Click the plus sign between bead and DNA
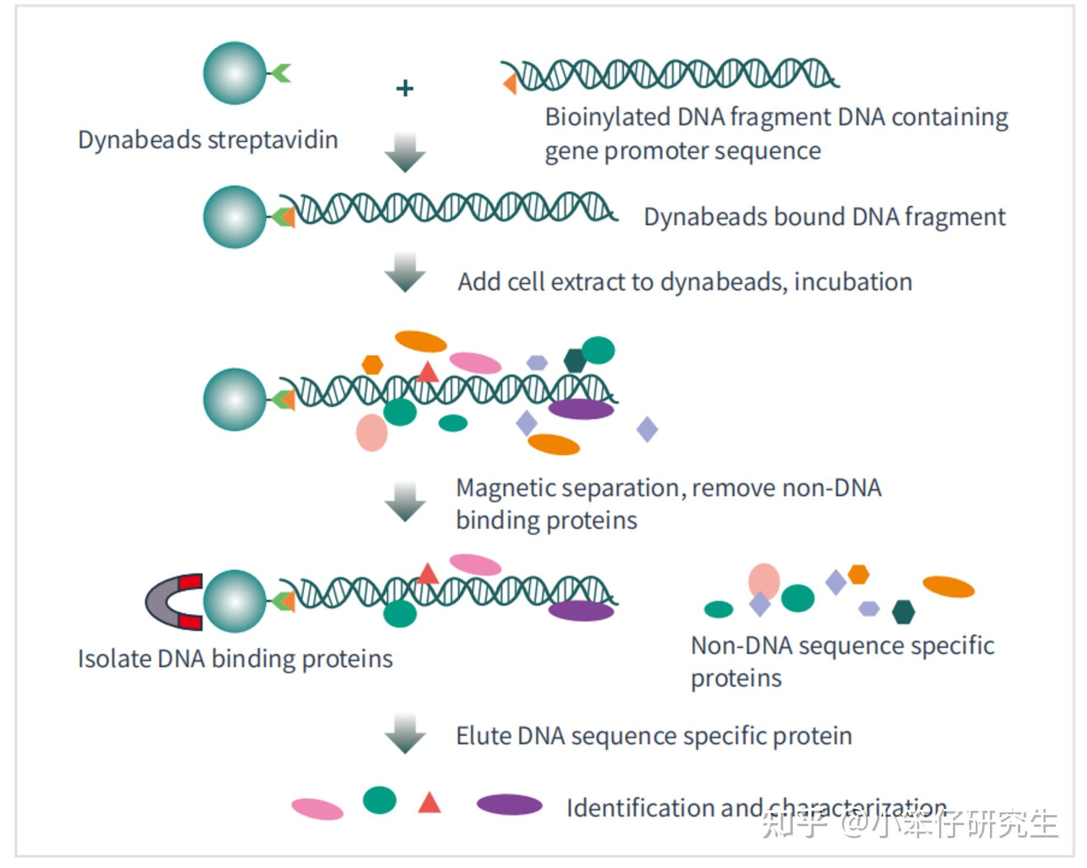pyautogui.click(x=404, y=88)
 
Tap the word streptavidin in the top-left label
pyautogui.click(x=273, y=140)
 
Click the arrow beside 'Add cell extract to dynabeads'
pyautogui.click(x=405, y=272)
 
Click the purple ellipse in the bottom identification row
pyautogui.click(x=509, y=804)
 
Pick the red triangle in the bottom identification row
pyautogui.click(x=429, y=802)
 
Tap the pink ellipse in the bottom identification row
pyautogui.click(x=317, y=808)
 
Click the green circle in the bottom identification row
pyautogui.click(x=379, y=799)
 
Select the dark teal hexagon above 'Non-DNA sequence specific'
pyautogui.click(x=903, y=612)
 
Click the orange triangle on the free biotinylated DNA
pyautogui.click(x=510, y=84)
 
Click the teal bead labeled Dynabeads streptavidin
pyautogui.click(x=235, y=73)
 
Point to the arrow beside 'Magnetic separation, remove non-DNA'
pyautogui.click(x=405, y=502)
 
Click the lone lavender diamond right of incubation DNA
pyautogui.click(x=647, y=429)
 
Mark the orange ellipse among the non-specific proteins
pyautogui.click(x=948, y=587)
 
